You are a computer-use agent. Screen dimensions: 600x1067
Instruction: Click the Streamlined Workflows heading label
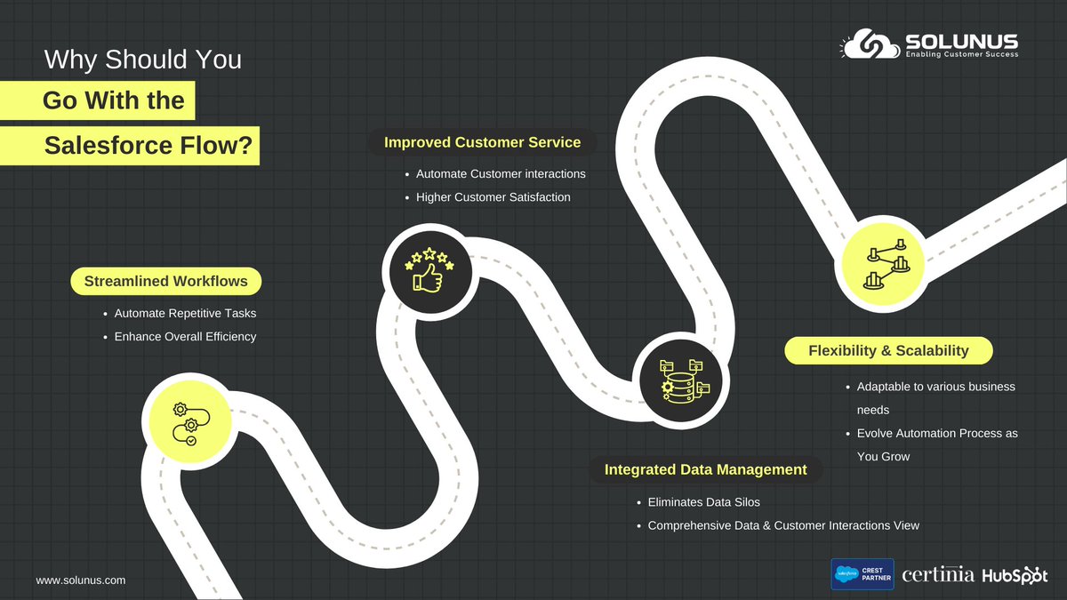pos(166,282)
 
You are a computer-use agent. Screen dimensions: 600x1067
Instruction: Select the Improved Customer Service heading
pos(482,142)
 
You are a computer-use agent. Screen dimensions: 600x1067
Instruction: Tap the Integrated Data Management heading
pos(706,469)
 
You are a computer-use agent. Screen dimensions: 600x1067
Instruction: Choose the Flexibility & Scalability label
pos(888,350)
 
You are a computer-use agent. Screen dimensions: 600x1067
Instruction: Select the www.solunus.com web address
pos(81,580)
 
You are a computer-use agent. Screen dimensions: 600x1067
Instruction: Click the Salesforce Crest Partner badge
pos(862,574)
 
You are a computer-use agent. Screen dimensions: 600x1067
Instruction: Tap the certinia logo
pos(938,575)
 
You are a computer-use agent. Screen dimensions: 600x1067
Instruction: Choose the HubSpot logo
pos(1015,575)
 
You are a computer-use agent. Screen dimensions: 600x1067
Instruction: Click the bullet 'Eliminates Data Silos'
pos(703,502)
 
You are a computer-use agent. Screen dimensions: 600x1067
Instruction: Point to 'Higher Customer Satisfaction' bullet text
pos(493,196)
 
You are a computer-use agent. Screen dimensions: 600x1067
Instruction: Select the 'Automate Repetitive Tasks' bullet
pos(185,314)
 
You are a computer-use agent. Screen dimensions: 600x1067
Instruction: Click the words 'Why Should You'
pos(142,60)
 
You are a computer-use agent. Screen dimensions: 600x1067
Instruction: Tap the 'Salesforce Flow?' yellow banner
pos(148,146)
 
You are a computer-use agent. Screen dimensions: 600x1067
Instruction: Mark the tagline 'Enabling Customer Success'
pos(961,54)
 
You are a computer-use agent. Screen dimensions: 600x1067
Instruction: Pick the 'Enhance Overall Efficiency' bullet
pos(185,337)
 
